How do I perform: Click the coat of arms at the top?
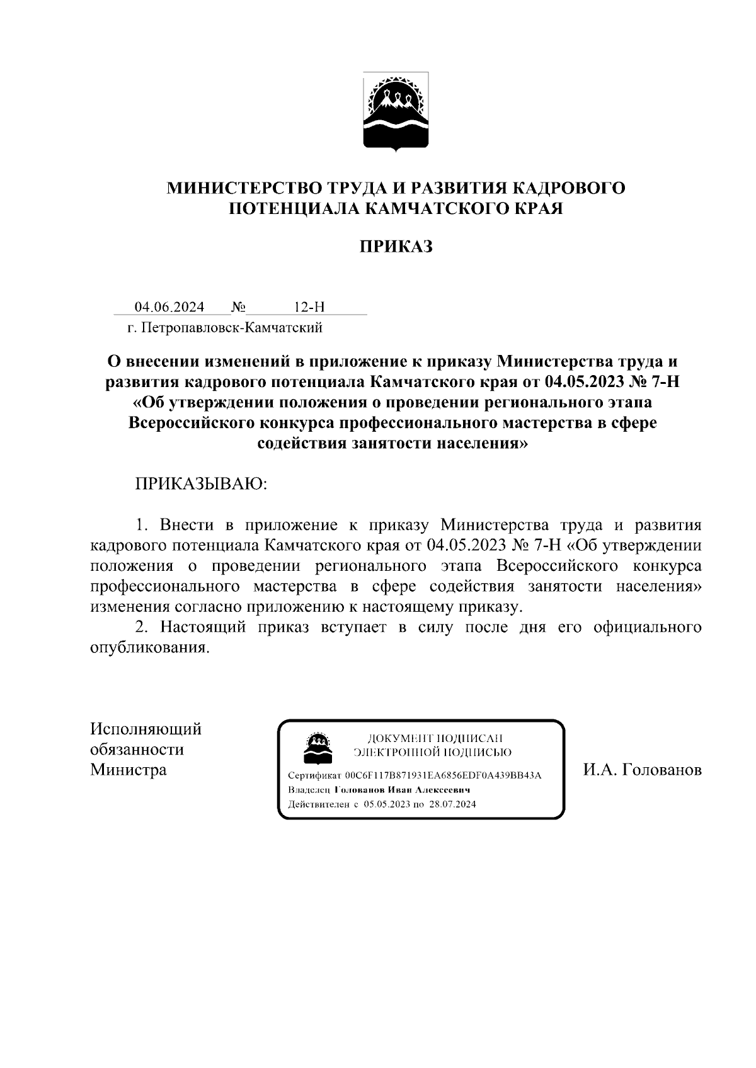click(396, 112)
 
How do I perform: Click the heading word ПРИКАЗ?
click(396, 246)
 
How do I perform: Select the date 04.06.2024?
click(169, 307)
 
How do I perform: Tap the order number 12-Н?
click(309, 307)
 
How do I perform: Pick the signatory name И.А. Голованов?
click(642, 770)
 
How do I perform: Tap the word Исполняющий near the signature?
click(146, 729)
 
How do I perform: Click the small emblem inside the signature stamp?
click(316, 746)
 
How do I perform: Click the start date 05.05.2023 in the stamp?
click(386, 804)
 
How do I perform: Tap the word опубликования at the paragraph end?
click(148, 648)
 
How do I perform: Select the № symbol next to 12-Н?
click(238, 307)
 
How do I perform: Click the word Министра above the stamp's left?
click(129, 770)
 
